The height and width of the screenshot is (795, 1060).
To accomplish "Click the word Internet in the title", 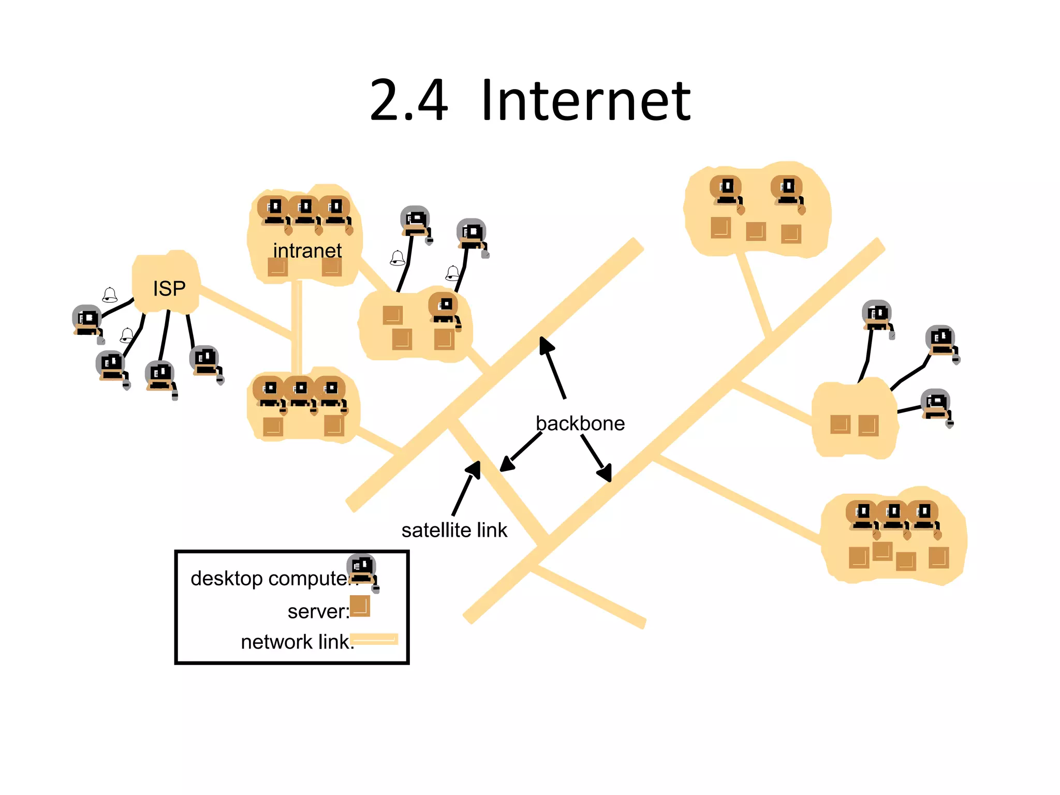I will click(585, 101).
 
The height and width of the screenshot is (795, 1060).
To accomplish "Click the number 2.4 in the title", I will click(408, 101).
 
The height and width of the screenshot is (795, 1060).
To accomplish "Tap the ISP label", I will click(169, 288).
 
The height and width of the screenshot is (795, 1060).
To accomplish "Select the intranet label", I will click(307, 251).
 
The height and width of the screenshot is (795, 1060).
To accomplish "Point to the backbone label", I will click(580, 423).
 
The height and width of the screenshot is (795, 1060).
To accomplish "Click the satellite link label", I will click(454, 530).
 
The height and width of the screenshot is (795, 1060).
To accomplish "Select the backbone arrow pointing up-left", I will click(553, 367).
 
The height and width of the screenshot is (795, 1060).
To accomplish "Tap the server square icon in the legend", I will click(360, 606).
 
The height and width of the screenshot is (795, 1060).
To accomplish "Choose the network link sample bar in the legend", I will click(374, 639).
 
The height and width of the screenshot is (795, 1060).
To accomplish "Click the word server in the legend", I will click(316, 611).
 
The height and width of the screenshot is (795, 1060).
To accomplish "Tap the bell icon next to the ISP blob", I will click(110, 295).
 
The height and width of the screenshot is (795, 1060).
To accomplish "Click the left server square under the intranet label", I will click(277, 267).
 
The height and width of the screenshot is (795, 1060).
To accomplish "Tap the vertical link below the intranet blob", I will click(297, 326).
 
